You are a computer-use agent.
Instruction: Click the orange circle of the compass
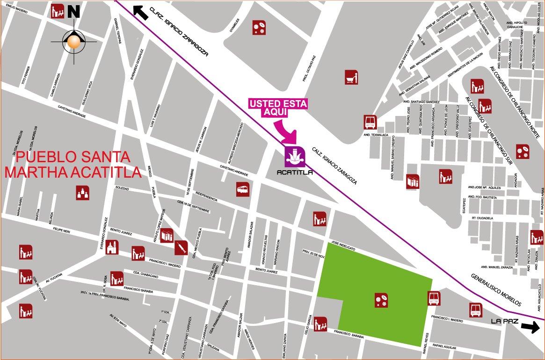pos(74,42)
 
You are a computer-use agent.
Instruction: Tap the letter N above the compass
pos(73,11)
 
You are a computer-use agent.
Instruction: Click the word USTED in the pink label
pos(264,104)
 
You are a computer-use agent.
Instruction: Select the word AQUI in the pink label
pos(276,112)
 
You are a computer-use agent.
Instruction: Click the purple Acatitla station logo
pos(295,156)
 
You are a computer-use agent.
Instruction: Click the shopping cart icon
pos(351,77)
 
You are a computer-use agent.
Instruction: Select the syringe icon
pos(181,248)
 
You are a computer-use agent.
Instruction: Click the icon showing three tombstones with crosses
pos(83,193)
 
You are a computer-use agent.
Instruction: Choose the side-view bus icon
pos(243,189)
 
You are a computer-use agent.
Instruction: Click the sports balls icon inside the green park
pos(381,300)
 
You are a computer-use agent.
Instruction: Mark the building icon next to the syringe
pos(167,236)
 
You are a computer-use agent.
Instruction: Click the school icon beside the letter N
pos(58,11)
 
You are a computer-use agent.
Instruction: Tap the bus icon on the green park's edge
pos(434,298)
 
